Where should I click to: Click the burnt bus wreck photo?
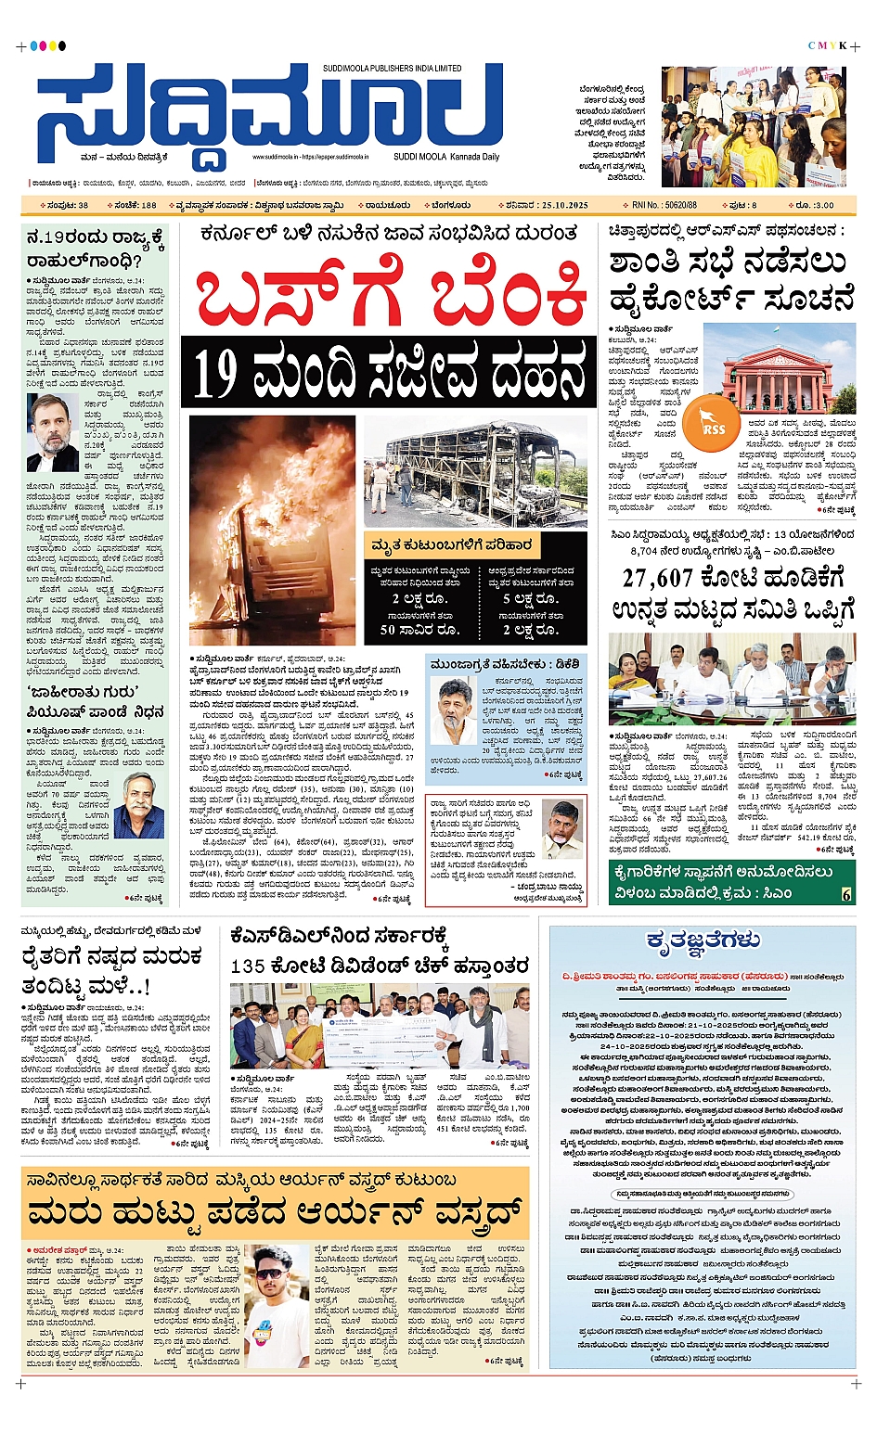474,472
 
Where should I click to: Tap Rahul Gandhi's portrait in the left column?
52,432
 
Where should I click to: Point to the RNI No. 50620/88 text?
664,205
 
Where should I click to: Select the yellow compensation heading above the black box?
451,545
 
